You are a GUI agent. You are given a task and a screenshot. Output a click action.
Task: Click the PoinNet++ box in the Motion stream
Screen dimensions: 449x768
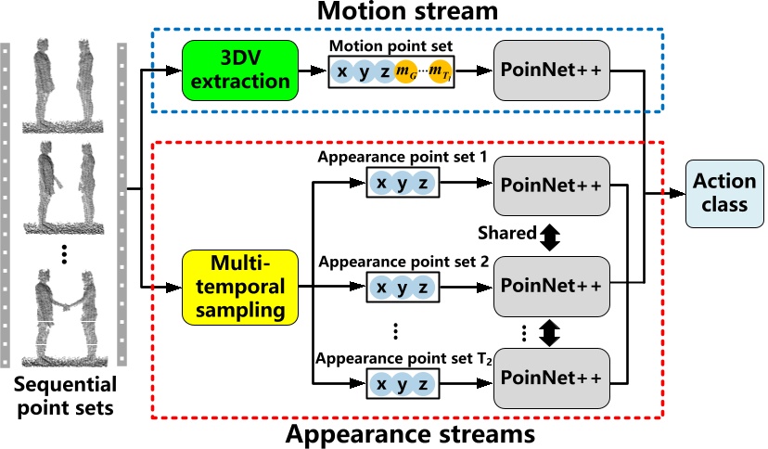click(x=553, y=71)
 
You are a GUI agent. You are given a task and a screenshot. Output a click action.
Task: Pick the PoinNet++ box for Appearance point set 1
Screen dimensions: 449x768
click(x=553, y=184)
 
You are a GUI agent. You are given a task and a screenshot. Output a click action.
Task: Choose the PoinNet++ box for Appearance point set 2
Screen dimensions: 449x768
click(x=553, y=281)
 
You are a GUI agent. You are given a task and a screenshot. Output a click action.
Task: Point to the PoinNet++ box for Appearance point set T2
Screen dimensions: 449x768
click(x=553, y=378)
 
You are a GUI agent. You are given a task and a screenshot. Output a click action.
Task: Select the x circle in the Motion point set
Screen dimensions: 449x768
click(x=343, y=72)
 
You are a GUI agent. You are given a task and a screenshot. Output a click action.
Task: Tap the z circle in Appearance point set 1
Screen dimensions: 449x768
click(x=423, y=184)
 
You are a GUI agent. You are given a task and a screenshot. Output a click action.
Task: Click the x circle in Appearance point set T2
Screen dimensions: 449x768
click(x=381, y=384)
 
